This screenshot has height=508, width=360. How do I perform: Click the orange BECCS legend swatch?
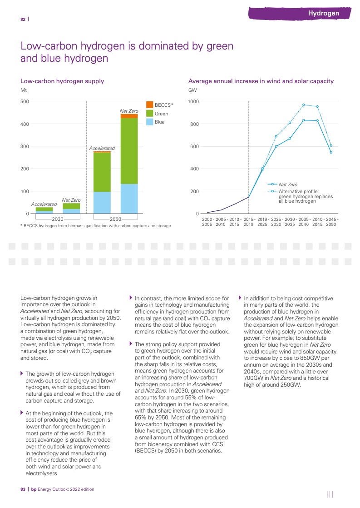tap(150, 105)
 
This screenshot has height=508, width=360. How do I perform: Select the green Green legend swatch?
tap(150, 113)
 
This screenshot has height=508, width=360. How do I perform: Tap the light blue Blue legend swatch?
tap(150, 122)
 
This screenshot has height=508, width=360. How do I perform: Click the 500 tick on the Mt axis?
tap(25, 101)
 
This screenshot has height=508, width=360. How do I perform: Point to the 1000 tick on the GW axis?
tap(194, 101)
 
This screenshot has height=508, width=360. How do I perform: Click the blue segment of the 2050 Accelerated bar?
tap(102, 202)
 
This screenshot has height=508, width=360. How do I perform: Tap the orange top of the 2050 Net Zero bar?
tap(129, 116)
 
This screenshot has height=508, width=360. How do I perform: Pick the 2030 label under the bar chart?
tap(57, 219)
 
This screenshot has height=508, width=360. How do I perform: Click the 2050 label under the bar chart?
tap(115, 219)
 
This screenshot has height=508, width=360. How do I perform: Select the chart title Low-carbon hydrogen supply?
tap(62, 81)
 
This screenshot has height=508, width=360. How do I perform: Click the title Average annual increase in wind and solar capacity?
tap(261, 81)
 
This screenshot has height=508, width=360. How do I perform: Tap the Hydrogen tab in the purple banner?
tap(324, 13)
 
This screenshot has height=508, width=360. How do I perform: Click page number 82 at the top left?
tap(23, 19)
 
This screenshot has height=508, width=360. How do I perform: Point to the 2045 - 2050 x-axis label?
tap(331, 222)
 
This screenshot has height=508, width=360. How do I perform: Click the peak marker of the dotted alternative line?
tap(304, 105)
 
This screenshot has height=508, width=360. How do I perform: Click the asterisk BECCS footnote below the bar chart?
tap(96, 226)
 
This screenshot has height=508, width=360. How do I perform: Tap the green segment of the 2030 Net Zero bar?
tap(71, 206)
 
